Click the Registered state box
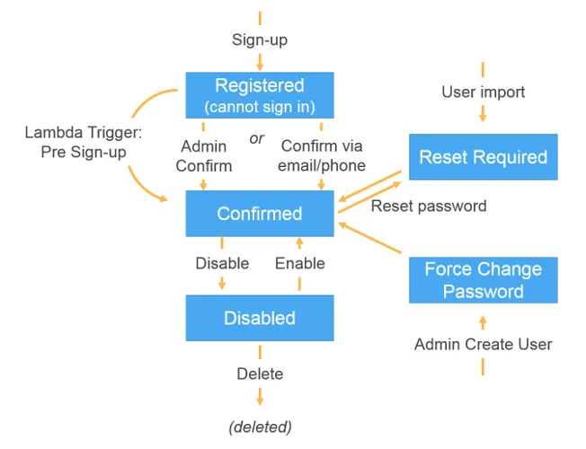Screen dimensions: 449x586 coord(260,95)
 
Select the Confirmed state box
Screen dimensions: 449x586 coord(260,214)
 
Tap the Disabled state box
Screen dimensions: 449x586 coord(260,318)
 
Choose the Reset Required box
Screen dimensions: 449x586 coord(483,157)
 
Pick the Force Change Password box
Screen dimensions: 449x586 coord(483,280)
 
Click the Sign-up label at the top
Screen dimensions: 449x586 coord(260,40)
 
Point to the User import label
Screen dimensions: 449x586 coord(483,92)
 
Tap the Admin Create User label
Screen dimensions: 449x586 coord(483,344)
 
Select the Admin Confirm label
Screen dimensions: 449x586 coord(204,155)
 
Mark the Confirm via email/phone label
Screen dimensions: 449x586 coord(323,155)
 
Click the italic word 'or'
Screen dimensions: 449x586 coord(257,139)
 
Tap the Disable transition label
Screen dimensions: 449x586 coord(222,263)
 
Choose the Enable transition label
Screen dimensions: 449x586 coord(299,263)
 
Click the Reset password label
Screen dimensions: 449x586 coord(429,206)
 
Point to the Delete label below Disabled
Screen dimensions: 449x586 coord(260,374)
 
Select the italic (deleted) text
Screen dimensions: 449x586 coord(260,426)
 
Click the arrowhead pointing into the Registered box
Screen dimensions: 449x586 coord(260,66)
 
